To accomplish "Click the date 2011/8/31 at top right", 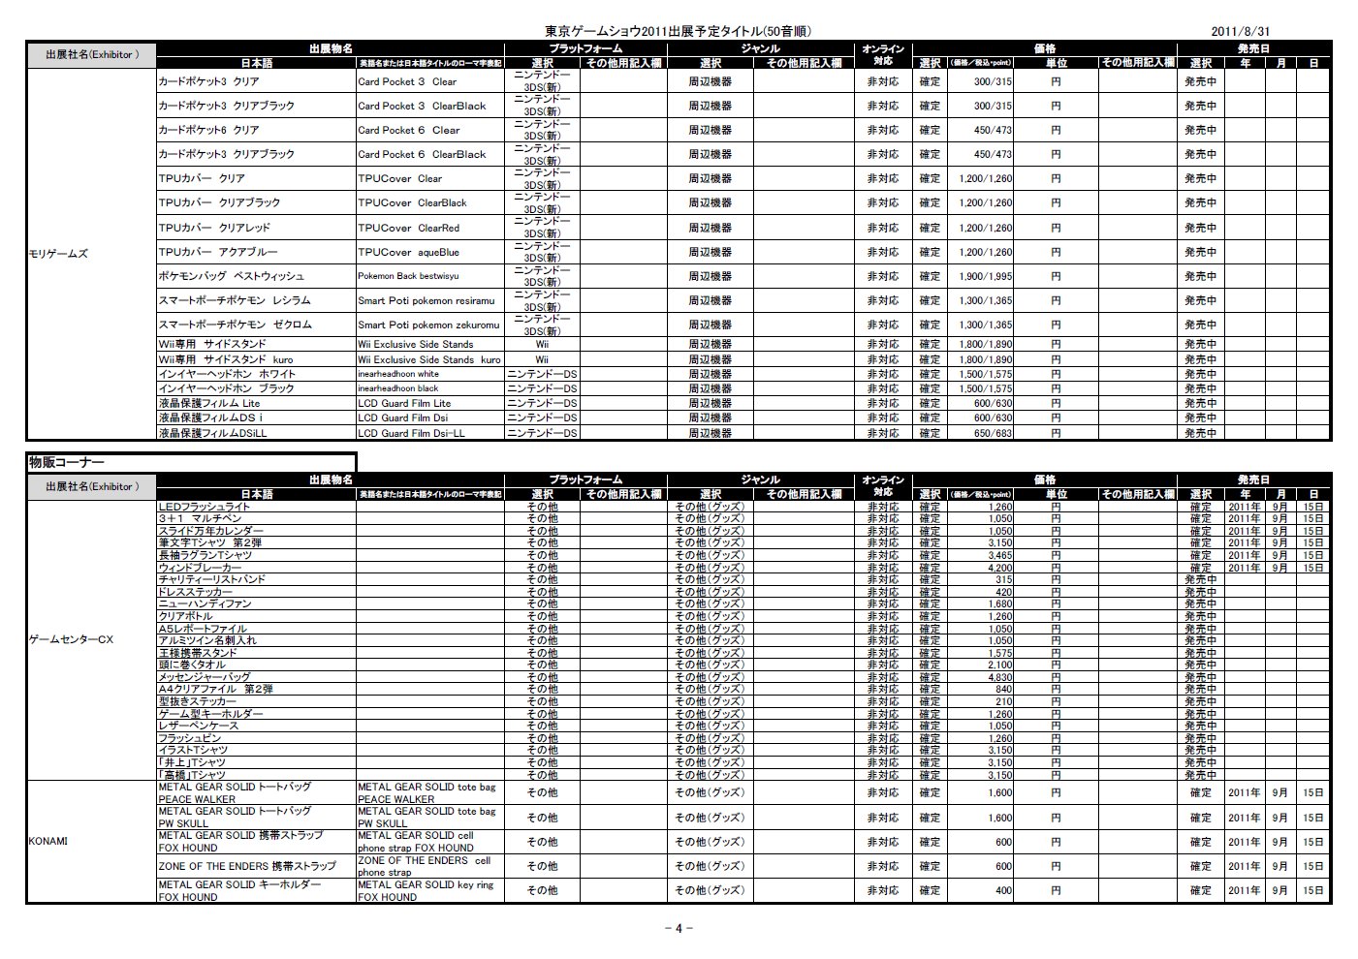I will click(1240, 31).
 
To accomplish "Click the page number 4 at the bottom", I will click(679, 928).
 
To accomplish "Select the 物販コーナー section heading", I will click(67, 462).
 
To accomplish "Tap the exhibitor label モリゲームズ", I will click(59, 253).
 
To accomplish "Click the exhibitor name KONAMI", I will click(48, 841).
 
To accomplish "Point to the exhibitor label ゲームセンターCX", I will click(72, 639).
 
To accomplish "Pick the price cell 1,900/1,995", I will click(986, 276).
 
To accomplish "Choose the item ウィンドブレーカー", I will click(201, 568).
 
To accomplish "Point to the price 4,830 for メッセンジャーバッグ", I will click(1000, 677).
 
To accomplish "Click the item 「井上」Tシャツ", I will click(193, 762).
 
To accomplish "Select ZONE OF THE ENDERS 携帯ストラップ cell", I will click(247, 866).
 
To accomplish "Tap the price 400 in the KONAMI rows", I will click(1003, 890).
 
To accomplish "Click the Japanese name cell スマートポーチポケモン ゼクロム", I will click(236, 325).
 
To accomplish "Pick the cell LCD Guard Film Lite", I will click(404, 403).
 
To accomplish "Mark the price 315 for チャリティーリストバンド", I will click(1003, 579).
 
